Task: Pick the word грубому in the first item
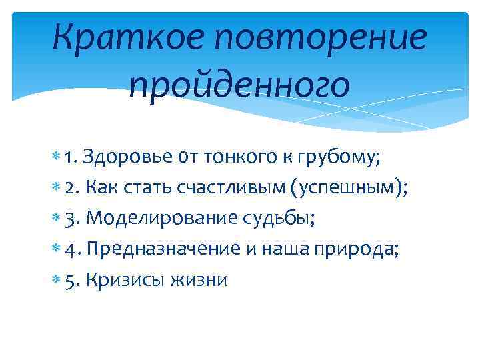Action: (x=337, y=159)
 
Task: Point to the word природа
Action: (x=357, y=249)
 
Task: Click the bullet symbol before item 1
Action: (x=58, y=157)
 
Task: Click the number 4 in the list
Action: (x=72, y=249)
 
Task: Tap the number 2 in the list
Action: (x=71, y=188)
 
